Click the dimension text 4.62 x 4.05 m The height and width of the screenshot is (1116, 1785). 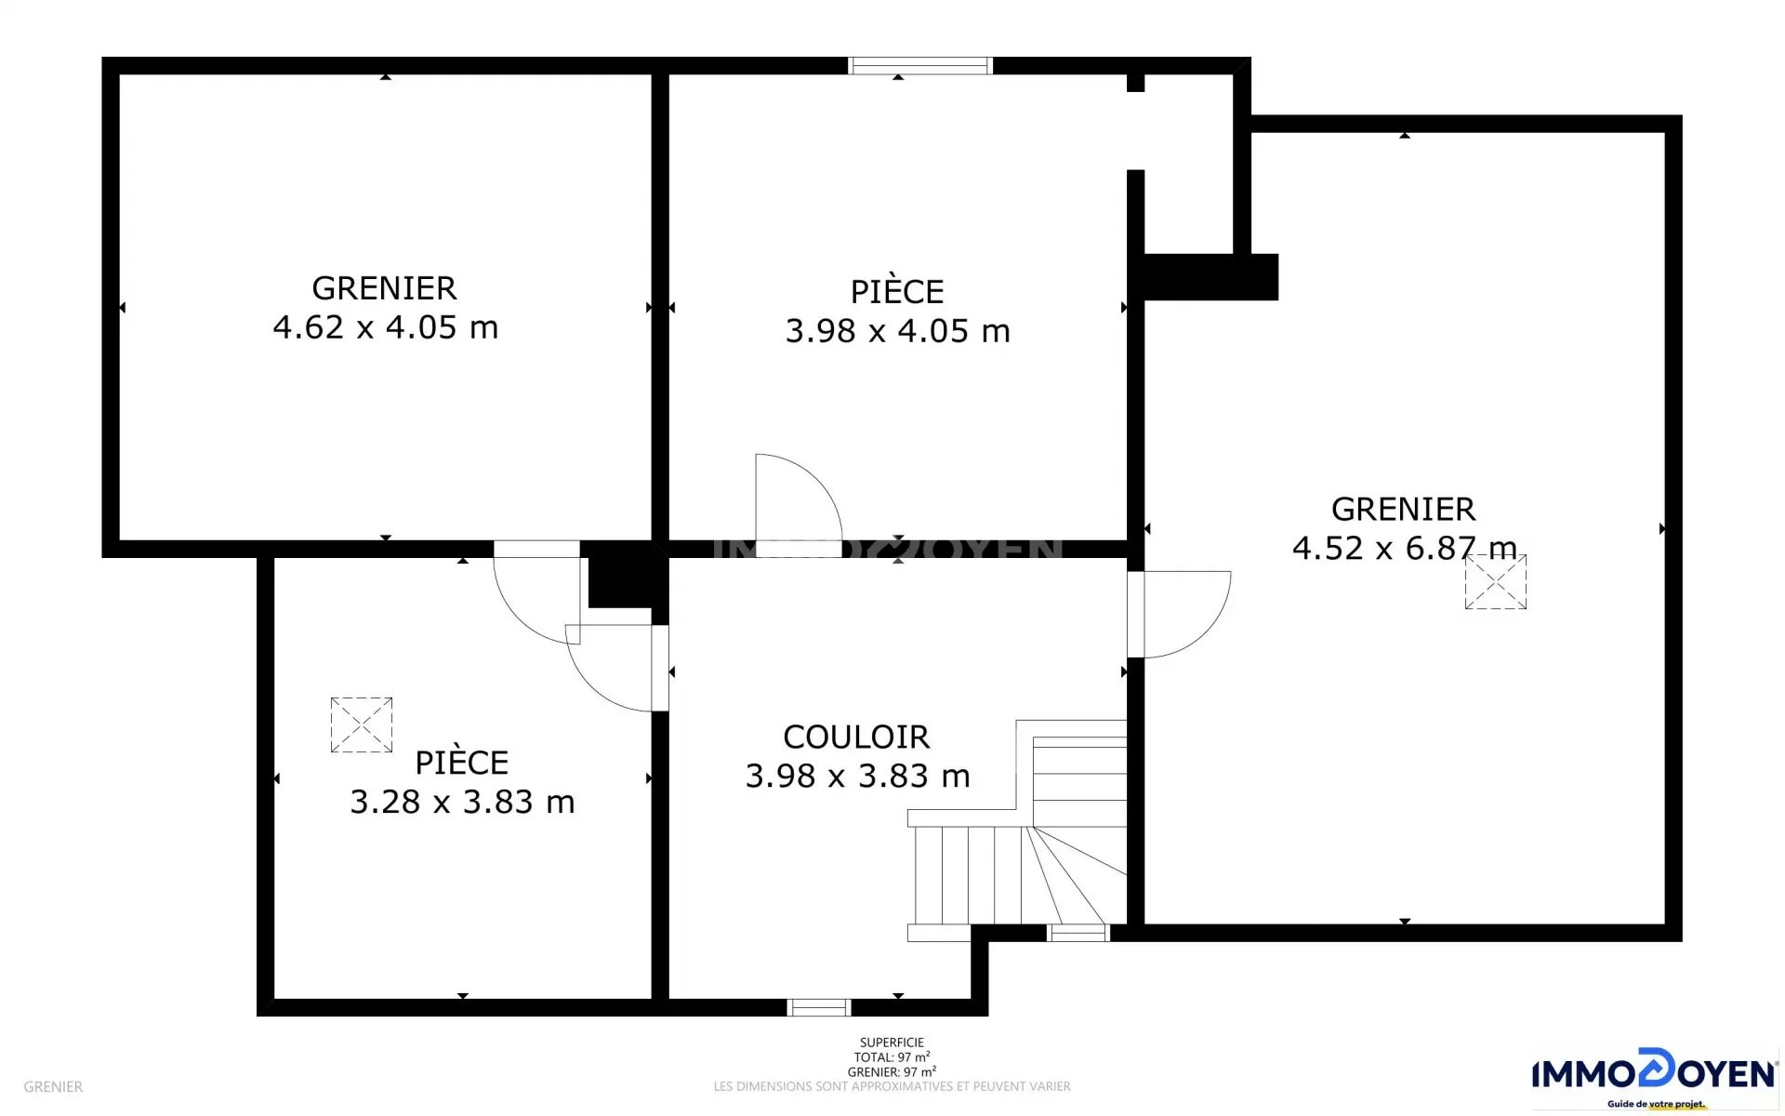point(386,327)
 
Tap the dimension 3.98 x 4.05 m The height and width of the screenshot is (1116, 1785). point(897,331)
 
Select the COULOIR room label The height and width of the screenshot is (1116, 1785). point(856,737)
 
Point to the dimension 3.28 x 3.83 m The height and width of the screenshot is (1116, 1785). point(462,802)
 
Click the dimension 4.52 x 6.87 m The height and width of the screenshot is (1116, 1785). point(1404,548)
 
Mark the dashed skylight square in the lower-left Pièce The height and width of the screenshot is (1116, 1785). point(362,725)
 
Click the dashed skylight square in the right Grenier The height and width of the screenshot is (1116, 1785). point(1496,582)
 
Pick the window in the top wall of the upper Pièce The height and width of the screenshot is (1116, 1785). point(920,65)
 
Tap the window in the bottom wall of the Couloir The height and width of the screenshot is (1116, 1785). point(819,1007)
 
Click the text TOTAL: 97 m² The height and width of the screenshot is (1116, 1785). point(892,1057)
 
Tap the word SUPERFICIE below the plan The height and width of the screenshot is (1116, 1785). point(892,1043)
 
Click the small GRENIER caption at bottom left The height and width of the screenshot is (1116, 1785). point(53,1086)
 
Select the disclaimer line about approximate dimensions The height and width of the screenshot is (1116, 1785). point(892,1086)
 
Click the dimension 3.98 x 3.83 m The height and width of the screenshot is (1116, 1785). point(857,776)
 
